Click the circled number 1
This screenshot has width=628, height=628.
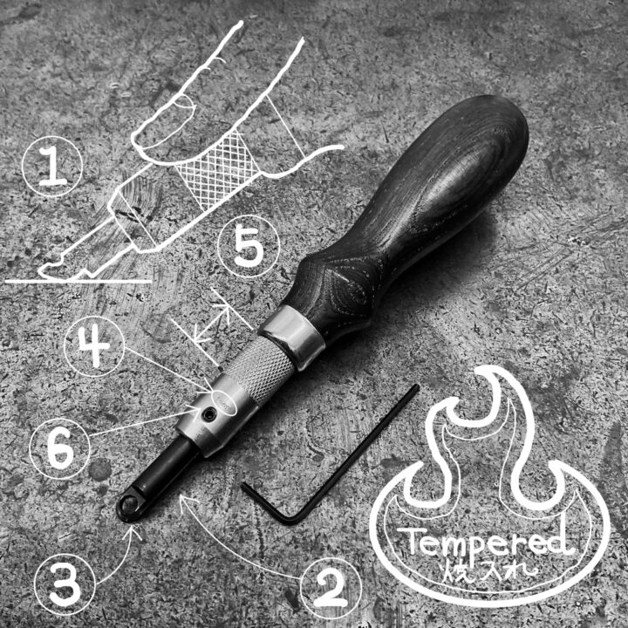52,166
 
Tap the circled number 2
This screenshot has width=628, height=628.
331,588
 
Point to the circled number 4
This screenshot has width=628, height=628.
94,346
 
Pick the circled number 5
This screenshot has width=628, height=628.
249,246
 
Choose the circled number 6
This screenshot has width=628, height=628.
60,448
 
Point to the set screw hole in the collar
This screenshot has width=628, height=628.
208,415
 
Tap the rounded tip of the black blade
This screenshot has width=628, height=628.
127,508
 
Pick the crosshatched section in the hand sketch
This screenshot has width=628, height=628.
217,169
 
